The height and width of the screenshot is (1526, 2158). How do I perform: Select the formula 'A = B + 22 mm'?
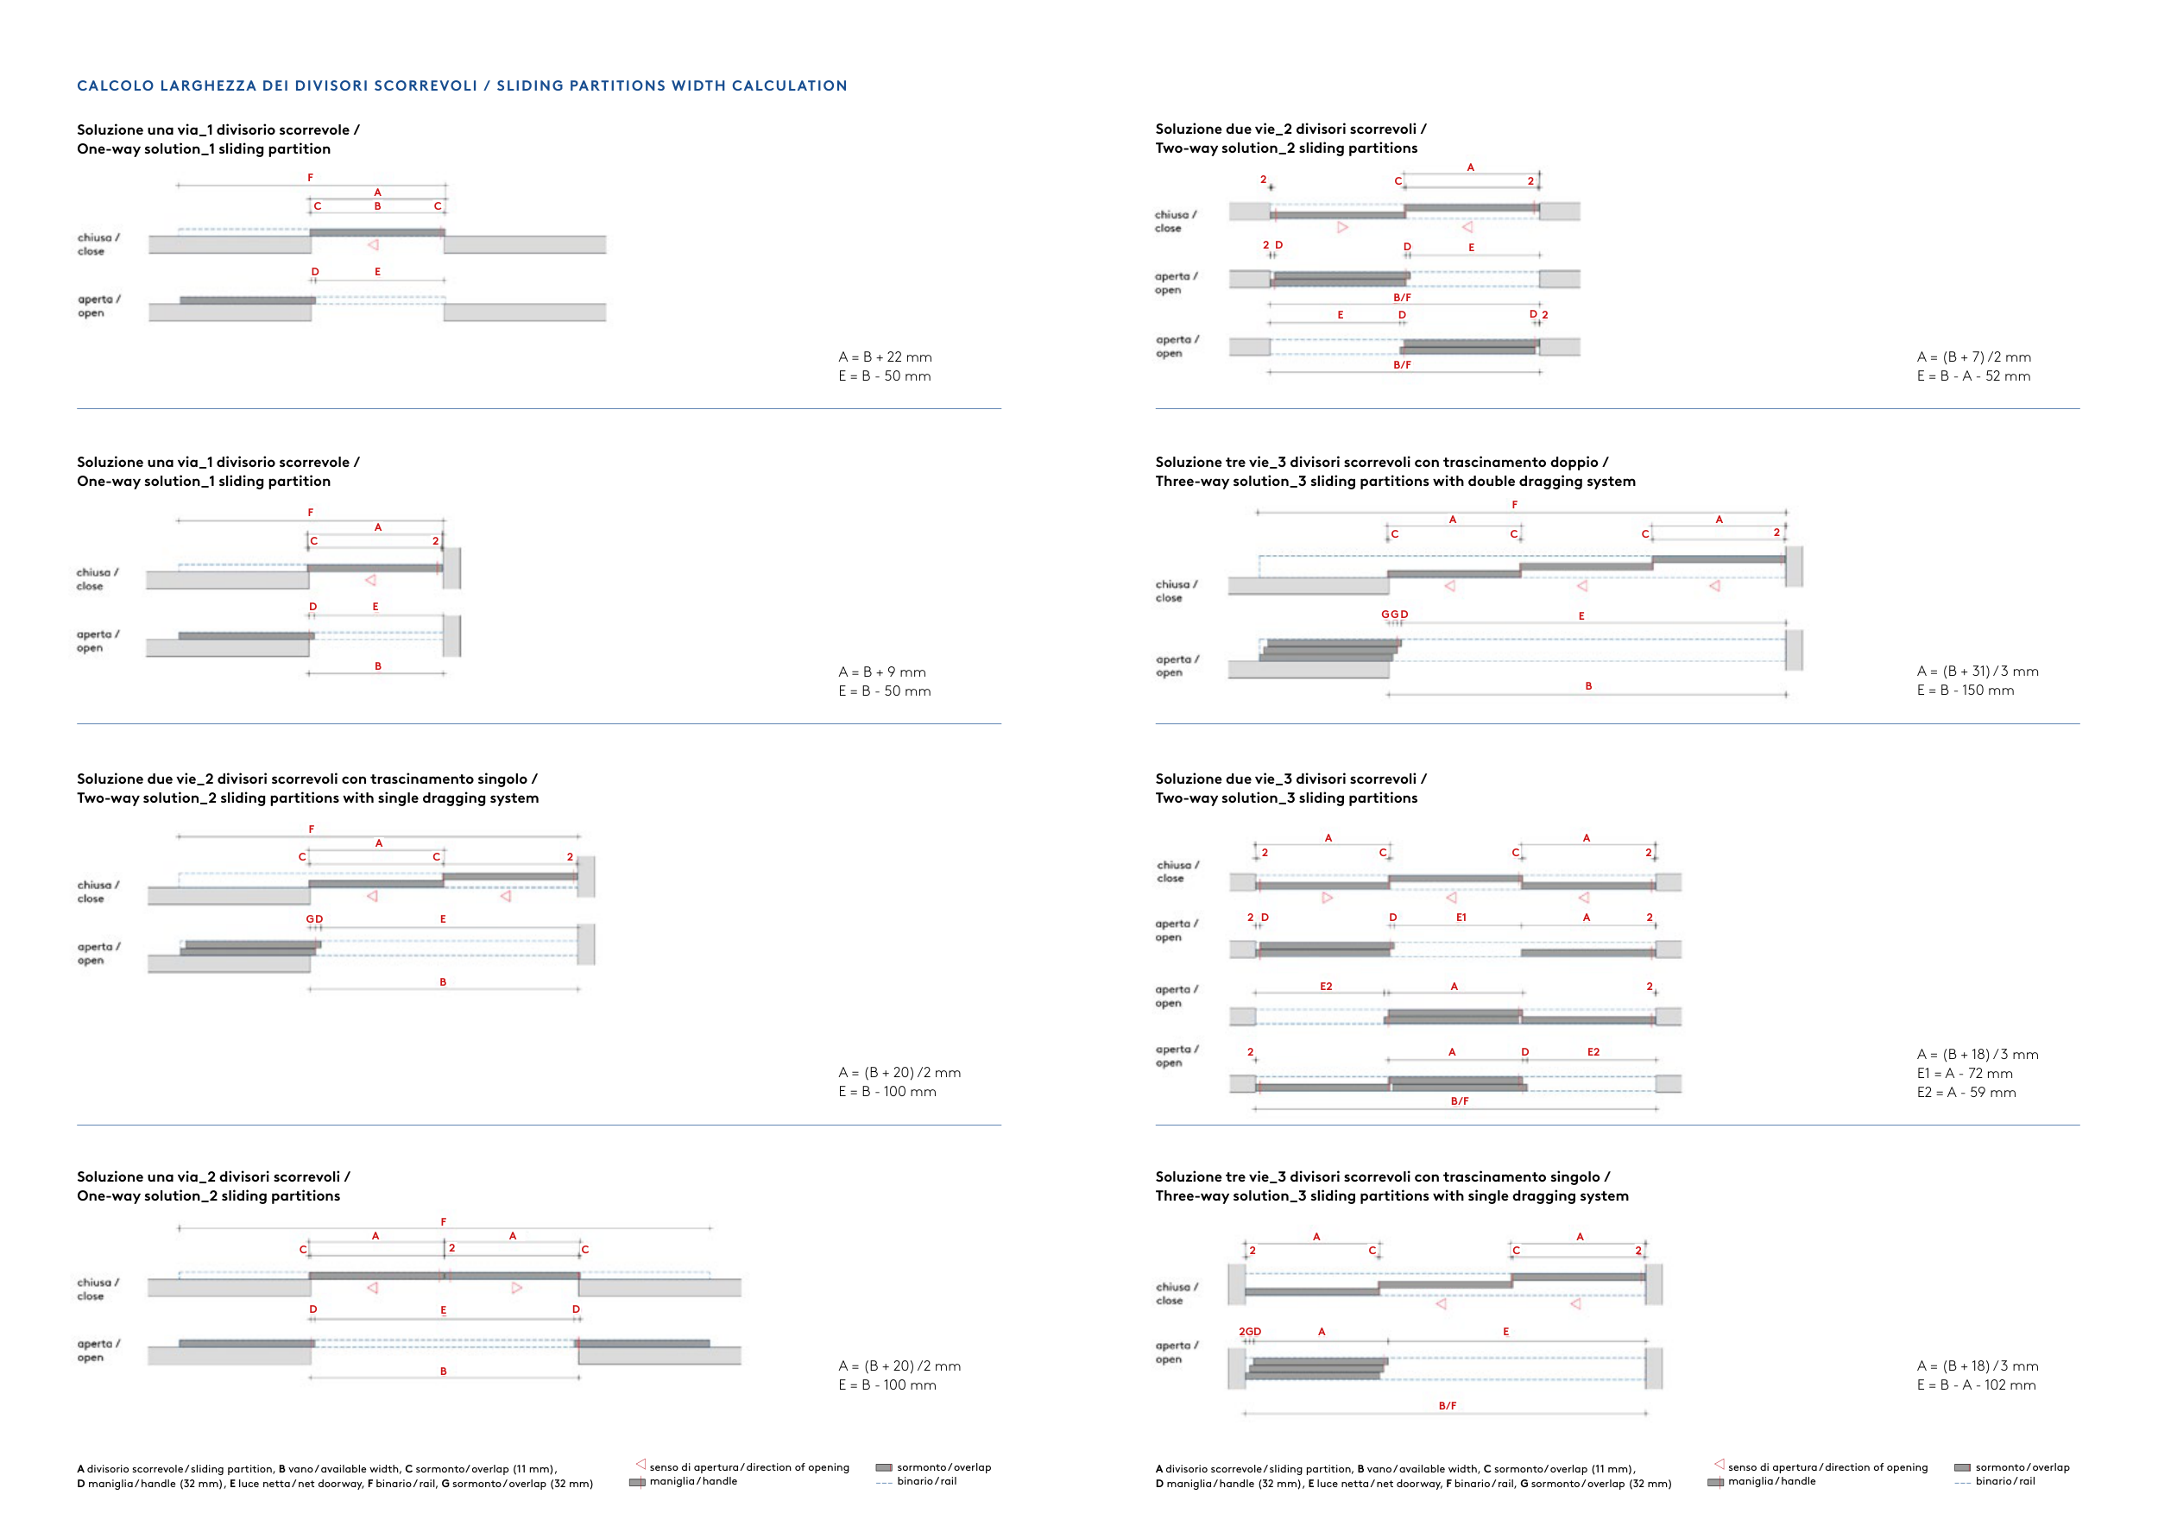pos(885,357)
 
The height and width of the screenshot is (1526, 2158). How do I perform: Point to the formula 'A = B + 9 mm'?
pos(881,672)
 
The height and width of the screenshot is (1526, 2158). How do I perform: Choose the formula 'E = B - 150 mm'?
pos(1965,690)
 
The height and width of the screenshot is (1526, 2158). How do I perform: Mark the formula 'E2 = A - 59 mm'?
pos(1966,1092)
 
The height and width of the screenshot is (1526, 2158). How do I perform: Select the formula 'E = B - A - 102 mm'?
pos(1976,1385)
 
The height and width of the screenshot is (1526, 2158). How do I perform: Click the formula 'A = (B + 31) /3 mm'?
pos(1977,671)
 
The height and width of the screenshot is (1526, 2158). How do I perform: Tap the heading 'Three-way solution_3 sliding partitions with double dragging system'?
pos(1395,481)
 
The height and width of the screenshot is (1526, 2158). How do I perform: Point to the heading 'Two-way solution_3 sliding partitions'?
pos(1286,798)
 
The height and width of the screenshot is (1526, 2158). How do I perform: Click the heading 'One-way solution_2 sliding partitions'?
pos(209,1195)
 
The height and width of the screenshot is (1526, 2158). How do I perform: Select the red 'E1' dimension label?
pos(1461,917)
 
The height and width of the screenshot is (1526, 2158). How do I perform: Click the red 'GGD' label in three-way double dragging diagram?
pos(1394,614)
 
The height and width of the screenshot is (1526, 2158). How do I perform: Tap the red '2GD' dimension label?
pos(1249,1332)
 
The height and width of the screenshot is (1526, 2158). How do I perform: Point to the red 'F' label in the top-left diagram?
pos(310,178)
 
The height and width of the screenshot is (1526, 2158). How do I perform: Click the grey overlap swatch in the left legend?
pos(884,1466)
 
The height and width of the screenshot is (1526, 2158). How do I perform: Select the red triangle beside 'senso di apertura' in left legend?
pos(640,1464)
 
